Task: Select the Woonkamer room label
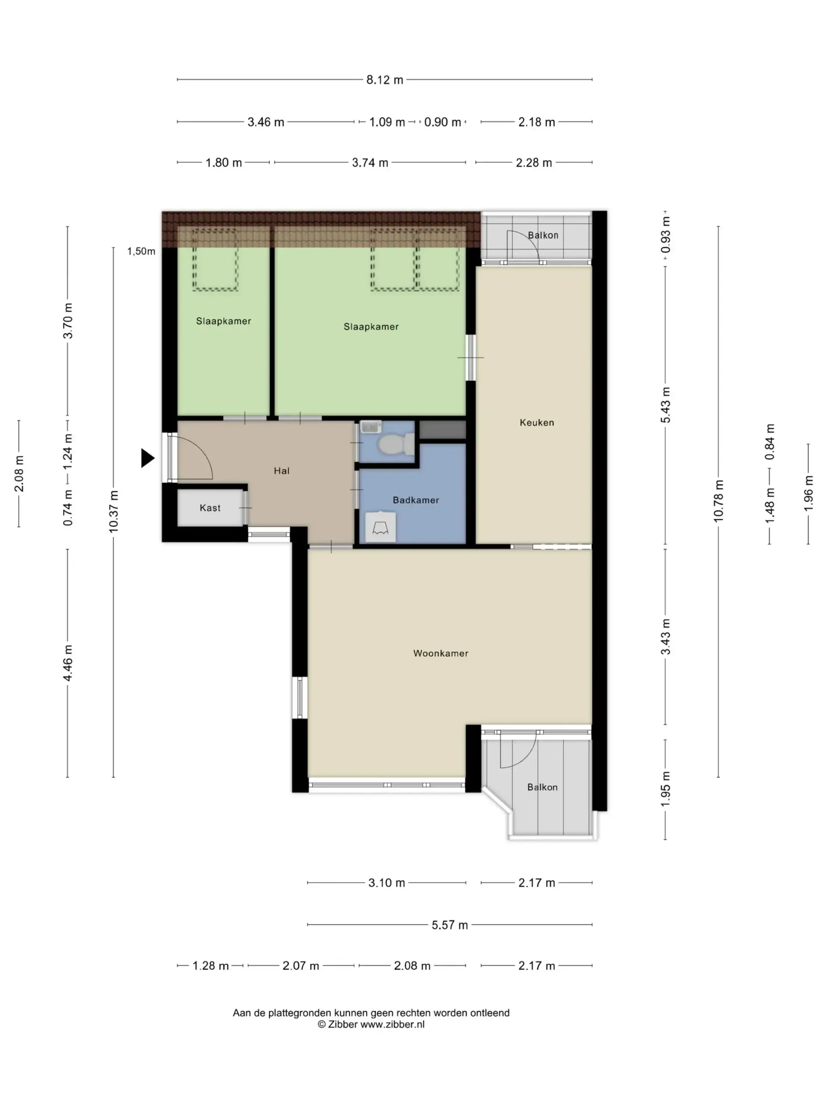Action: tap(441, 653)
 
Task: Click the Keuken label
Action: tap(536, 422)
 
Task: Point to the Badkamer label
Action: tap(416, 500)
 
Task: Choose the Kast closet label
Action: tap(210, 508)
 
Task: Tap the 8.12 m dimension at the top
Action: tap(384, 80)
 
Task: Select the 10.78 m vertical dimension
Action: tap(718, 501)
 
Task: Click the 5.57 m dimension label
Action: tap(450, 925)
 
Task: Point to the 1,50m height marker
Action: tap(141, 251)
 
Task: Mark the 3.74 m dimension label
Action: tap(370, 162)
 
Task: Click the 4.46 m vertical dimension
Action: tap(68, 663)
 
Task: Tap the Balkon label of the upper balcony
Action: tap(543, 235)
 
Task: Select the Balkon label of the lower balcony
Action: tap(542, 787)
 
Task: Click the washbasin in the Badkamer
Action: tap(381, 527)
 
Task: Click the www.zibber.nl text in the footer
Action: tap(392, 1024)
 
